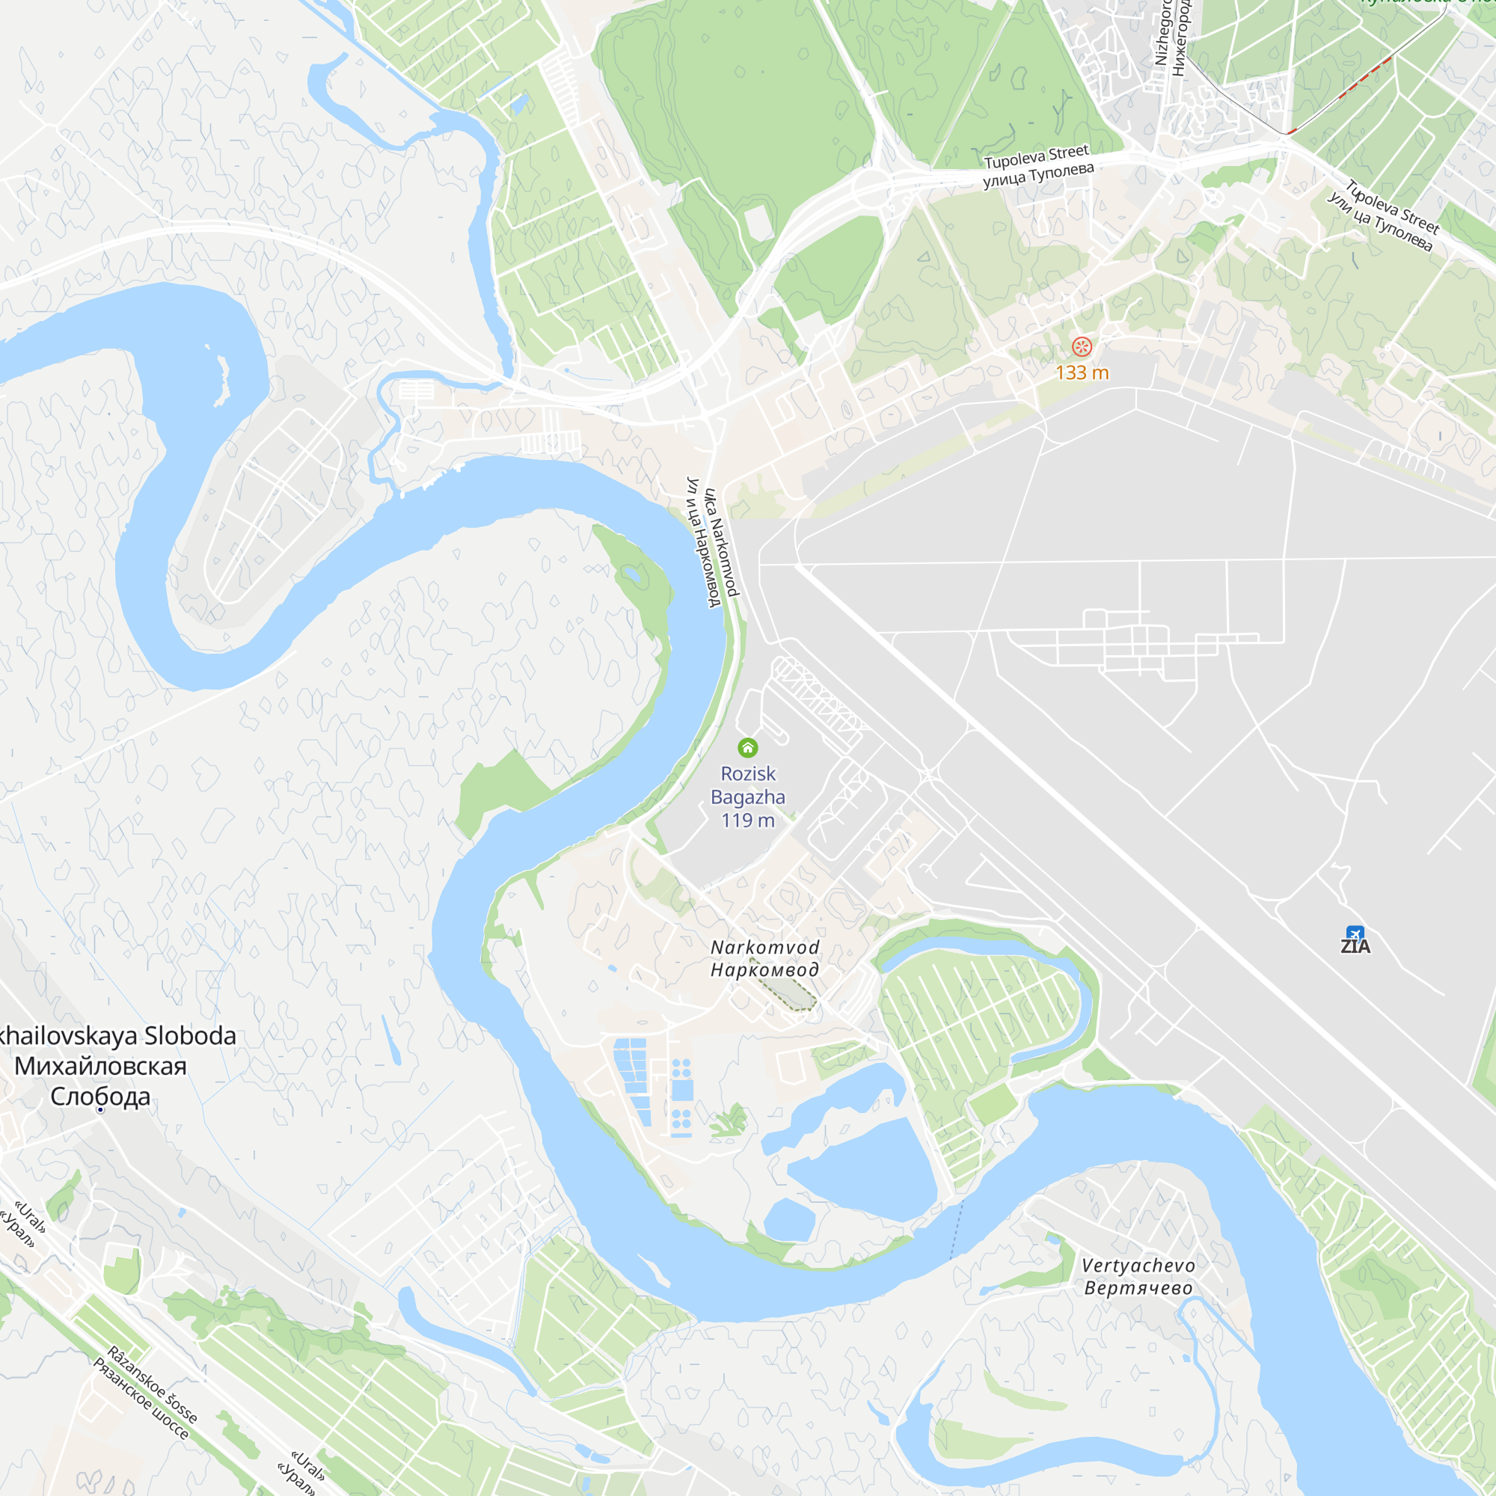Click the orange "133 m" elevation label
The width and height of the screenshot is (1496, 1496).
point(1082,373)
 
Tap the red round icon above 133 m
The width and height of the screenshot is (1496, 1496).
point(1082,347)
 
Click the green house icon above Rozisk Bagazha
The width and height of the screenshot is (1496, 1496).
point(747,747)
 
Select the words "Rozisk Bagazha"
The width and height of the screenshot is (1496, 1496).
point(748,785)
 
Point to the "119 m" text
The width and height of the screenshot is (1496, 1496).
point(748,821)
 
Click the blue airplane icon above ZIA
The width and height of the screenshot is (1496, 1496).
point(1355,933)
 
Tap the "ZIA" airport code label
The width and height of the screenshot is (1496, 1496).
point(1355,947)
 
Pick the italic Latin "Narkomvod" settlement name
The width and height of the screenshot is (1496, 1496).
point(765,948)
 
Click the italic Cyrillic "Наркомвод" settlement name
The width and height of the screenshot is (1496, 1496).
point(765,970)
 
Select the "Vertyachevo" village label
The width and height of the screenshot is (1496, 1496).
point(1138,1266)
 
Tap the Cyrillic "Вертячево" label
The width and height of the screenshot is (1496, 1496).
point(1138,1289)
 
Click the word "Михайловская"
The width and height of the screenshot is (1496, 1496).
point(101,1066)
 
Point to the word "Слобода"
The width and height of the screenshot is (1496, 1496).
point(101,1097)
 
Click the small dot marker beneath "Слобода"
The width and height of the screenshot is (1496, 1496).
point(101,1110)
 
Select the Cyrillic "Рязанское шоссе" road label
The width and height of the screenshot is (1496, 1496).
point(140,1399)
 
